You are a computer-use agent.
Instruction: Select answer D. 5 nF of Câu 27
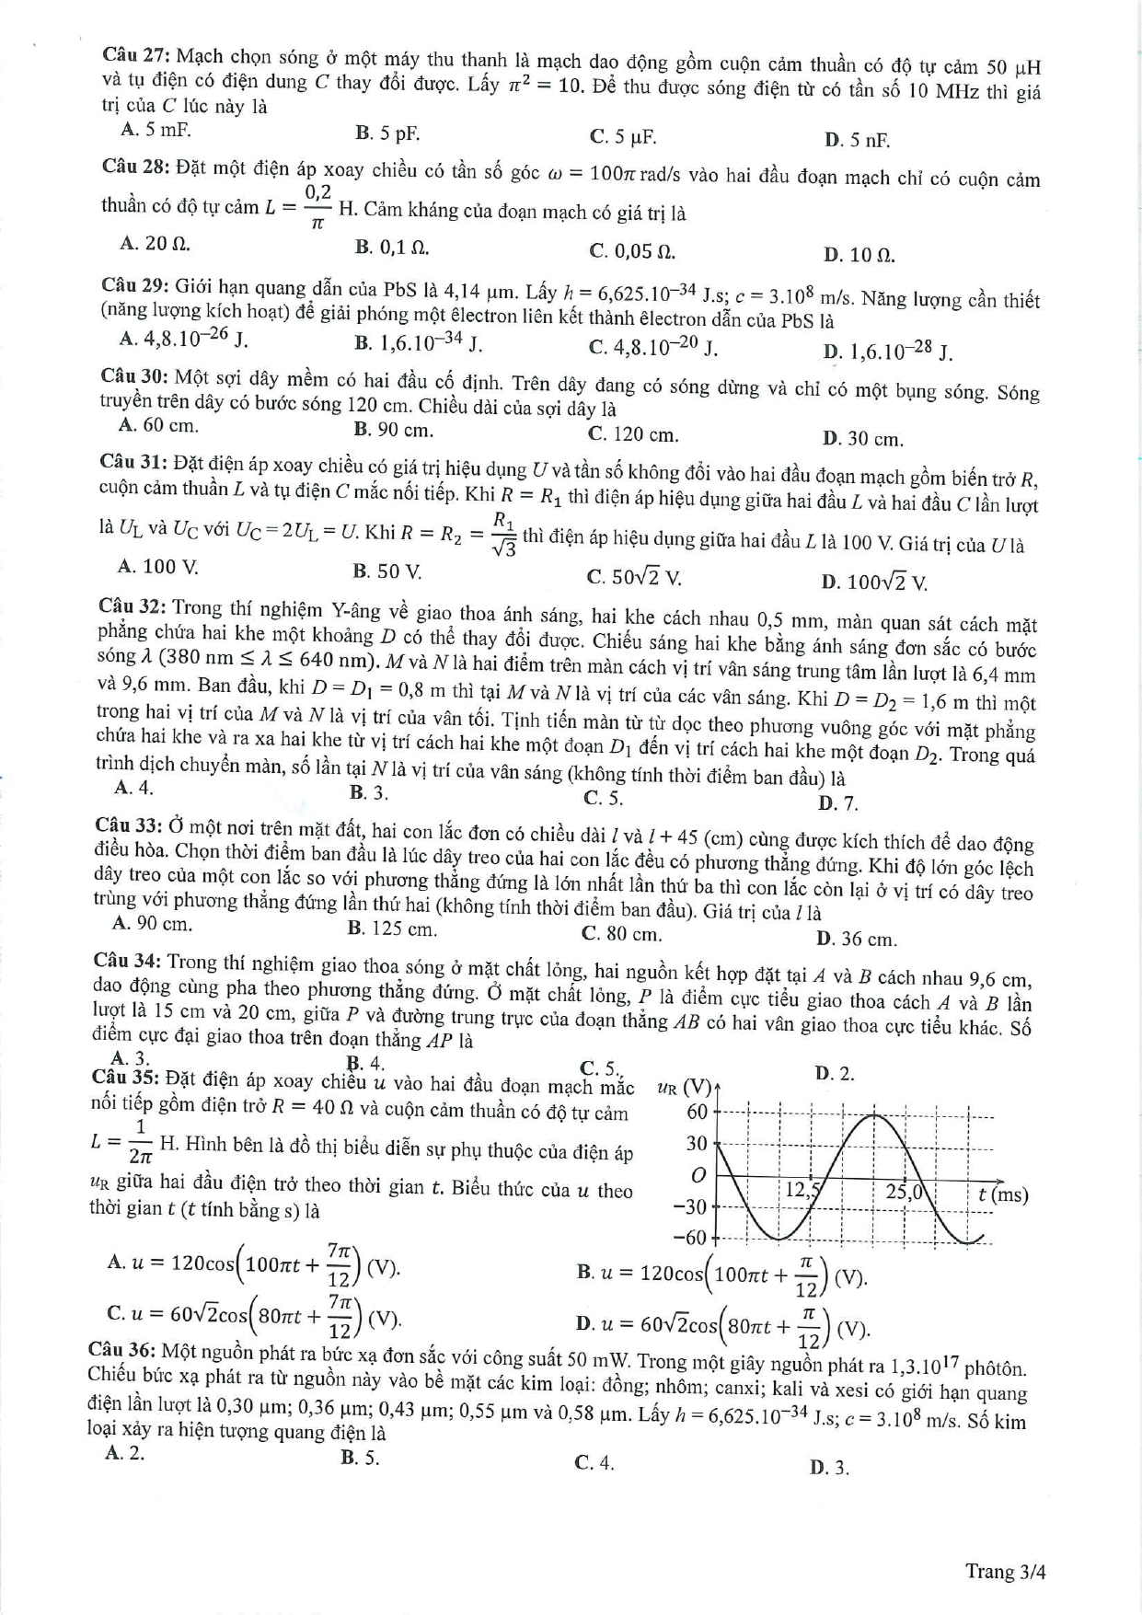click(857, 140)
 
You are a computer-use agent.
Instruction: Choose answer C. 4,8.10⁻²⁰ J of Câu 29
click(652, 348)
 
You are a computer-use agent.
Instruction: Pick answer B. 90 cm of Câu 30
click(393, 430)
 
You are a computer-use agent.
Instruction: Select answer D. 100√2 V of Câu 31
click(874, 582)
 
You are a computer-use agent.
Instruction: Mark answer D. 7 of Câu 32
click(837, 803)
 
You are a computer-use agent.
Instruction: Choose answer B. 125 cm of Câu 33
click(392, 929)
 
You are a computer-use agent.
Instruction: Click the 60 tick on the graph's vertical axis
click(697, 1112)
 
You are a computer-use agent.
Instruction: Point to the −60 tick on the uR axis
click(690, 1237)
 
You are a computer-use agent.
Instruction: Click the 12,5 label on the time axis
click(802, 1190)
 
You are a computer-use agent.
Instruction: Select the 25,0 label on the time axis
click(904, 1192)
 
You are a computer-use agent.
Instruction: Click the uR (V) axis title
click(685, 1088)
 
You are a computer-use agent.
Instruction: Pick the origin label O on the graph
click(698, 1175)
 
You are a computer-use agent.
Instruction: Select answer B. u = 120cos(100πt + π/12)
click(721, 1275)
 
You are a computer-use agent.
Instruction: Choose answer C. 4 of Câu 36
click(594, 1462)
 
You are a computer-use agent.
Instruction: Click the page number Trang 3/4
click(1005, 1571)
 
